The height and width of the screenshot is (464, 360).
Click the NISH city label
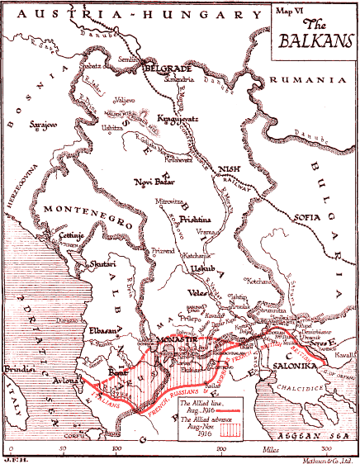(228, 171)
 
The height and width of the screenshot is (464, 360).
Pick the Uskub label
(196, 269)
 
